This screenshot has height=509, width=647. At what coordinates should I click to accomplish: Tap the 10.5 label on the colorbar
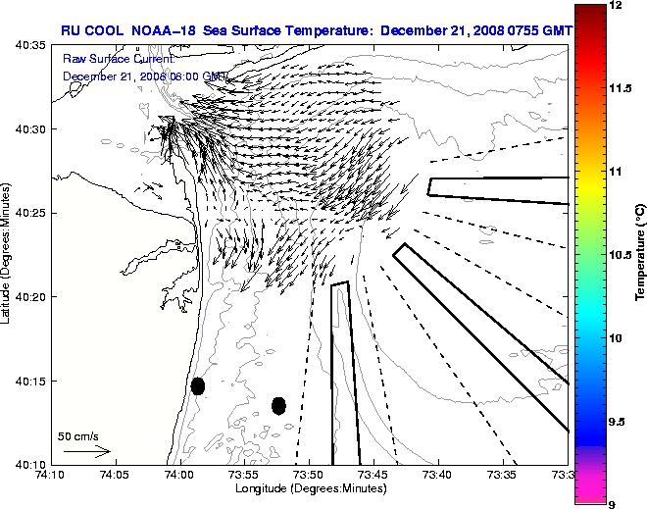pos(621,254)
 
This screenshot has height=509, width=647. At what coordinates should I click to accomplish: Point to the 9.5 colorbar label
pos(618,421)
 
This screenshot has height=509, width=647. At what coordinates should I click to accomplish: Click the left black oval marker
pos(198,385)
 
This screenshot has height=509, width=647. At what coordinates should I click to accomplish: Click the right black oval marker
pos(278,405)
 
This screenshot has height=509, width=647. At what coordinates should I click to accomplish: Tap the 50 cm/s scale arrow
pos(86,452)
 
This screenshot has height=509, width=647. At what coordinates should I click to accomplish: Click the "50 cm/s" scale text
pos(78,435)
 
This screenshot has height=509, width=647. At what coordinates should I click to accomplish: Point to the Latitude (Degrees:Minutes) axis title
pos(8,254)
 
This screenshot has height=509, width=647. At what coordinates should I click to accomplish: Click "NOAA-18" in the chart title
pos(159,30)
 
